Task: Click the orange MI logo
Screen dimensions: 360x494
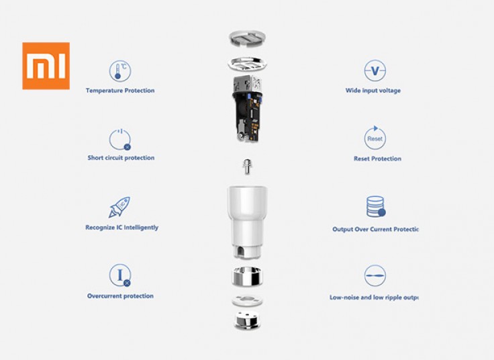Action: (46, 66)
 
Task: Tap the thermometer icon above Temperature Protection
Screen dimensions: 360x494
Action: (120, 71)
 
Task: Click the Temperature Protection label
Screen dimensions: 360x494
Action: (120, 91)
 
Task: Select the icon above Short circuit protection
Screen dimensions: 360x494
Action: (120, 140)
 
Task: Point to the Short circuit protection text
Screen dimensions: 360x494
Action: (121, 158)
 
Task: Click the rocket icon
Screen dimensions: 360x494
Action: (119, 207)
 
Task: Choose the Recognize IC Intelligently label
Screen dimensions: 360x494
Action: (121, 228)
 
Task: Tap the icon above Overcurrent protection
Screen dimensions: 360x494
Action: (120, 275)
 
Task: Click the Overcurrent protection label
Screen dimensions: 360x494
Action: (120, 296)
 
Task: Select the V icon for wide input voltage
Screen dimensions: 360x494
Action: (375, 71)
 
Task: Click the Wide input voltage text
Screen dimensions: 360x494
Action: (373, 91)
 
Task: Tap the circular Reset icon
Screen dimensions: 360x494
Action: (375, 138)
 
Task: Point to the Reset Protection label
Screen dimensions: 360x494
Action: (377, 159)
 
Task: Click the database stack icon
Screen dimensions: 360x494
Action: (376, 207)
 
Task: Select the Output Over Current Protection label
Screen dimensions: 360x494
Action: (375, 229)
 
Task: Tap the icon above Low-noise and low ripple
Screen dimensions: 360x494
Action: (375, 275)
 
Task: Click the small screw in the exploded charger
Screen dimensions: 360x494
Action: (246, 165)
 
